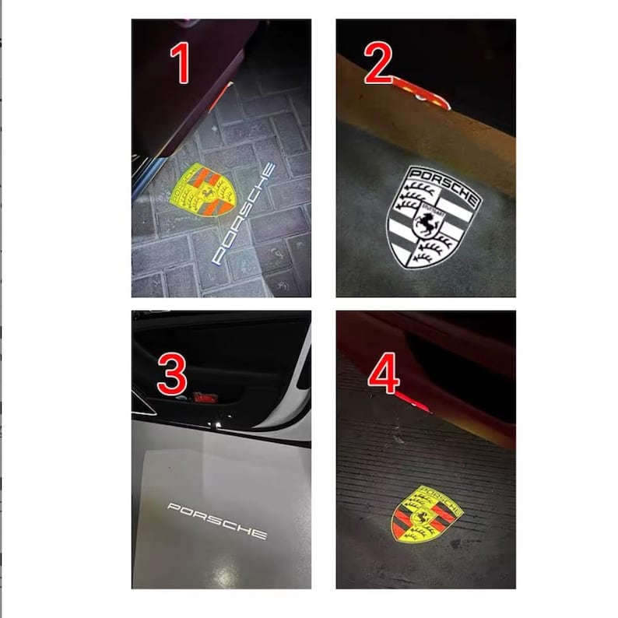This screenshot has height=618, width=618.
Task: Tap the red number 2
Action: point(378,66)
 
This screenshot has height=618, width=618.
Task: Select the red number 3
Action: point(171,374)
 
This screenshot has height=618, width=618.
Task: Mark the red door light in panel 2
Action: point(420,90)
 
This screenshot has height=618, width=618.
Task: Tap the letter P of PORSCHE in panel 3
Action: point(172,507)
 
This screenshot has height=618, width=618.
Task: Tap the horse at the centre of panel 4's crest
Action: point(425,514)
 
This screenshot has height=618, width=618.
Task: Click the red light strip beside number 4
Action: point(411,402)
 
